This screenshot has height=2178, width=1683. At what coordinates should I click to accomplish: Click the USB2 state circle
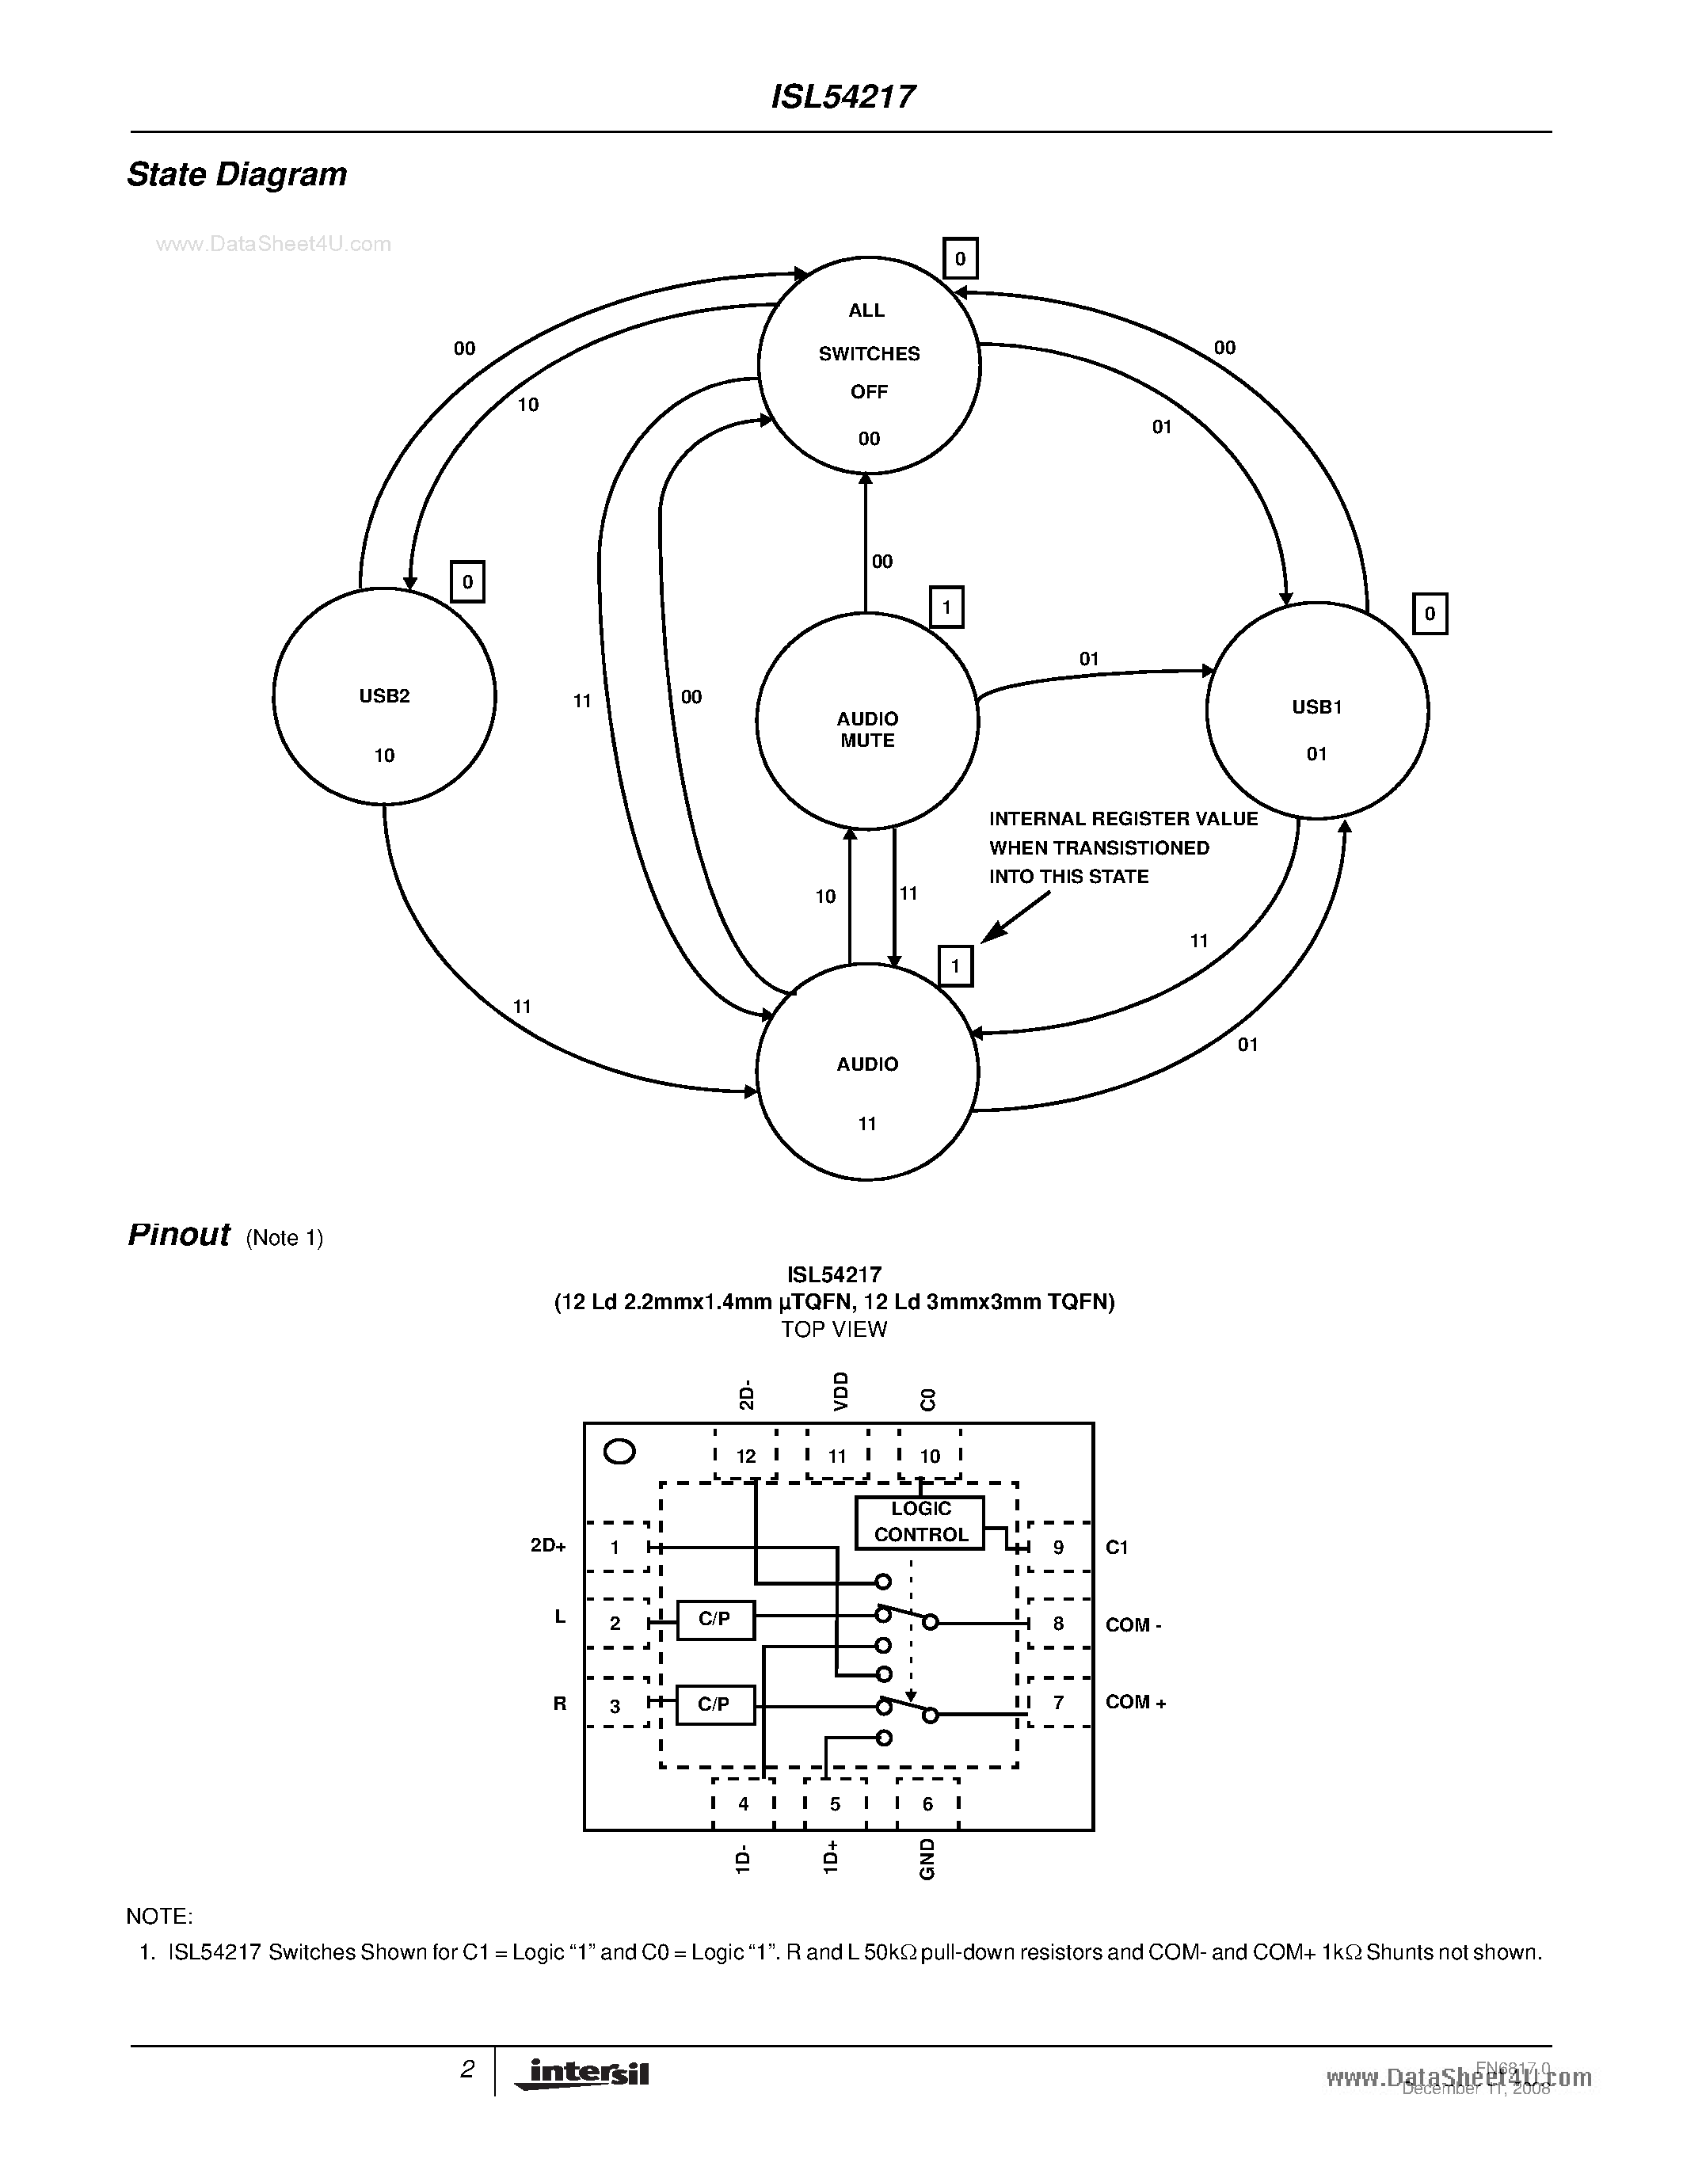coord(384,696)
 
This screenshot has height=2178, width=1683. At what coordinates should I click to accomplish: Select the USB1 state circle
coord(1317,710)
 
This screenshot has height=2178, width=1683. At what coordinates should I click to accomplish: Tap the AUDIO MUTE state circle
coord(866,720)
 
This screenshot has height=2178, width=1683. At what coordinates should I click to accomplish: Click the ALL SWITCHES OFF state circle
coord(868,366)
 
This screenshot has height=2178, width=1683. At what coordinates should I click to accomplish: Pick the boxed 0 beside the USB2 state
coord(467,581)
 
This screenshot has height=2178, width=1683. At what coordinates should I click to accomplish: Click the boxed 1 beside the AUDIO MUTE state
coord(946,607)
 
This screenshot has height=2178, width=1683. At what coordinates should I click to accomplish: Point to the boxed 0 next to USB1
coord(1430,615)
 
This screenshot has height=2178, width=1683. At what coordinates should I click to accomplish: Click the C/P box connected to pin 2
coord(715,1620)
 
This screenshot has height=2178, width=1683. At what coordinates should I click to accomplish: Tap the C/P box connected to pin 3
coord(715,1704)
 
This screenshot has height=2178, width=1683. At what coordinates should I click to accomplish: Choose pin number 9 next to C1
coord(1058,1547)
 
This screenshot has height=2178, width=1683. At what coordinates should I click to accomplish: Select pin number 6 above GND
coord(927,1804)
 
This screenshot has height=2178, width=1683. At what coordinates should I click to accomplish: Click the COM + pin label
coord(1136,1702)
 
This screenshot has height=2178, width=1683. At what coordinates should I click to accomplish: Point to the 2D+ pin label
coord(548,1547)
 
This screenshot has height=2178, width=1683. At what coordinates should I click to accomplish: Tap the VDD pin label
coord(840,1390)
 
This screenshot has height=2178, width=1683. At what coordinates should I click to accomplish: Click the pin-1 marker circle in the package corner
coord(620,1452)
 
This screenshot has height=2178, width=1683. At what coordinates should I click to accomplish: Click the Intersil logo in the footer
coord(582,2074)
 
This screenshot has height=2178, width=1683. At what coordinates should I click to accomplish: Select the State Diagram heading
coord(238,174)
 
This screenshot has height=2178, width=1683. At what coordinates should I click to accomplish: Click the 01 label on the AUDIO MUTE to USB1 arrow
coord(1089,659)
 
